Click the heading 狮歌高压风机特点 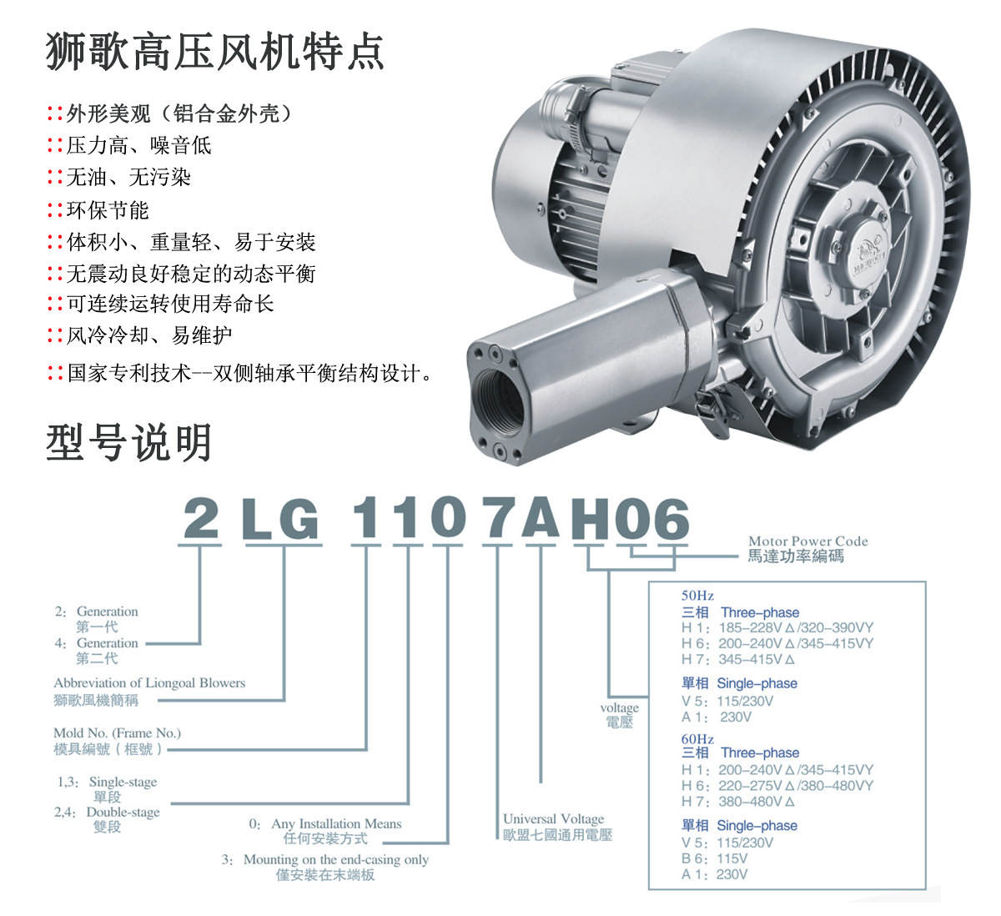(215, 52)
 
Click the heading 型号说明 (129, 443)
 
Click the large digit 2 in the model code (201, 519)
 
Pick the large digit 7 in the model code (498, 519)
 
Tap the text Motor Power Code (807, 541)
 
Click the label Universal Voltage (553, 818)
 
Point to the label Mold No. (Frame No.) (117, 733)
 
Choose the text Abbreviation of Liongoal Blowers (149, 682)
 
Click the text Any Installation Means (336, 823)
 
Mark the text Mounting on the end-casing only (335, 859)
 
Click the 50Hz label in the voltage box (697, 596)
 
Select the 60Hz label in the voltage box (697, 739)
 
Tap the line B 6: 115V (714, 858)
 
